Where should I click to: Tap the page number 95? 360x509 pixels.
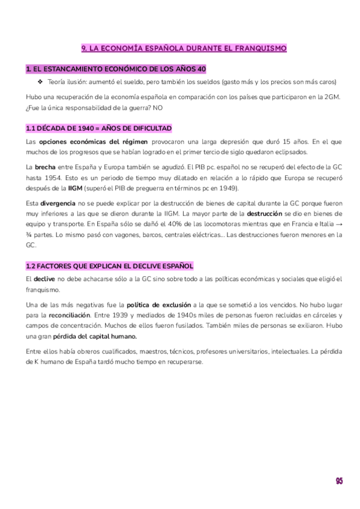(339, 481)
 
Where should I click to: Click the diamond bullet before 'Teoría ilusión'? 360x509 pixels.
(40, 82)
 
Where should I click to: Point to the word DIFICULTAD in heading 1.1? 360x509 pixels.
(150, 128)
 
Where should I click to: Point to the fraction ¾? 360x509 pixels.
(30, 235)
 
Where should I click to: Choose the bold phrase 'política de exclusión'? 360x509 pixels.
(158, 306)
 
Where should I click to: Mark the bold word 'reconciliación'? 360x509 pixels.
(70, 316)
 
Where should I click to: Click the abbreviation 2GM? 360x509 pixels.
(331, 97)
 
